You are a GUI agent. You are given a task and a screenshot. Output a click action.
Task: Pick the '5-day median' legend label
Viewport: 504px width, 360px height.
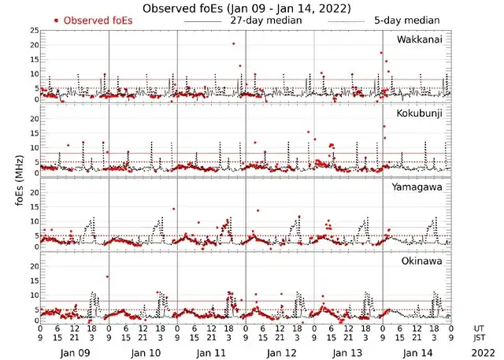pyautogui.click(x=406, y=20)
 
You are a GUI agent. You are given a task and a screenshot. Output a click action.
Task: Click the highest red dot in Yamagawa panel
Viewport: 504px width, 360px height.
pyautogui.click(x=173, y=210)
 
